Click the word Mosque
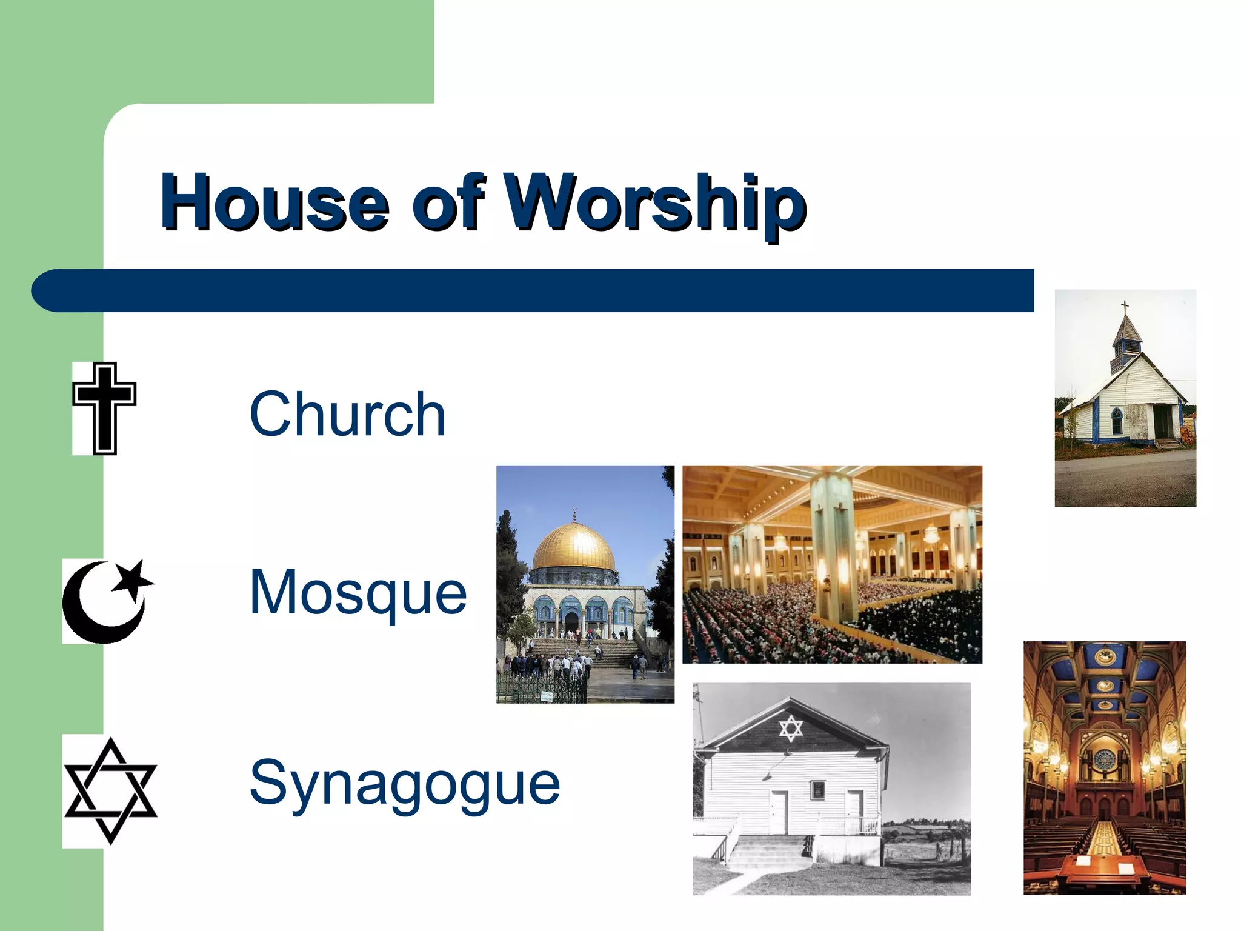tap(358, 592)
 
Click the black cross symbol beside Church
tap(104, 408)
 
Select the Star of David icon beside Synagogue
tap(110, 790)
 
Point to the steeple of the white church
tap(1126, 342)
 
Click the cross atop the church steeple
tap(1125, 307)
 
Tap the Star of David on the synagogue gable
tap(790, 728)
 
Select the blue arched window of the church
tap(1117, 420)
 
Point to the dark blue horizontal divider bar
tap(533, 291)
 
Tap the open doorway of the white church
tap(1163, 421)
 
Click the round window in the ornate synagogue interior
tap(1105, 758)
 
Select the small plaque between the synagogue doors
tap(817, 789)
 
